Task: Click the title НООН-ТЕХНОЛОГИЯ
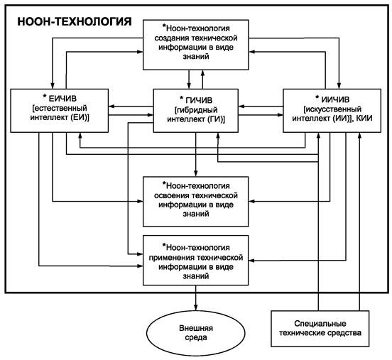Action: [x=75, y=21]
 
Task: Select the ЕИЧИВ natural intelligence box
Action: [x=59, y=111]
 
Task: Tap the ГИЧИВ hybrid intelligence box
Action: [x=195, y=111]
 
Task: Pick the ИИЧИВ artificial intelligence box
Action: [x=332, y=111]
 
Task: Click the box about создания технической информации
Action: [x=196, y=45]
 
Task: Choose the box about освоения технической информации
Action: [x=196, y=202]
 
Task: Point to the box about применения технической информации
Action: [x=196, y=260]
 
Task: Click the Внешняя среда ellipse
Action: [x=196, y=333]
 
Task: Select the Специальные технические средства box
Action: [x=320, y=329]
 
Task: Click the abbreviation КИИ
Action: [x=364, y=118]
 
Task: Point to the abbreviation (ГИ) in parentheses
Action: [x=214, y=119]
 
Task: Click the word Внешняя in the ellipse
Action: [x=196, y=328]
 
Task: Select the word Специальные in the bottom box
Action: [x=320, y=324]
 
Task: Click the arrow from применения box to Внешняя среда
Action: [x=196, y=298]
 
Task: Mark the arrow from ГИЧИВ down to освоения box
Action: [x=196, y=155]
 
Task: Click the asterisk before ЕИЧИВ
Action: [x=45, y=96]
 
